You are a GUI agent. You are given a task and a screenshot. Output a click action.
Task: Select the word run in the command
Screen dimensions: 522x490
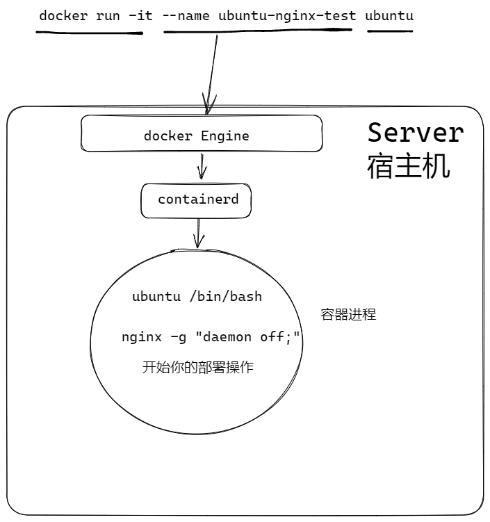(108, 15)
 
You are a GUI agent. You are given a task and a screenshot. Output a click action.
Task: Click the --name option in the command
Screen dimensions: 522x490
(186, 15)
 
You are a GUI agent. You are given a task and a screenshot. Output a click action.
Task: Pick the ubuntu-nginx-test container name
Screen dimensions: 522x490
(285, 15)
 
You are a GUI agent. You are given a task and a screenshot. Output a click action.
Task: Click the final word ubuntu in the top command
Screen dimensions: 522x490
(390, 15)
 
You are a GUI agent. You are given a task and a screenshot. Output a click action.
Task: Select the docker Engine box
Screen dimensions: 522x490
(202, 134)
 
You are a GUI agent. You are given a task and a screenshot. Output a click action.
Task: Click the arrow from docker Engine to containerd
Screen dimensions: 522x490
(202, 167)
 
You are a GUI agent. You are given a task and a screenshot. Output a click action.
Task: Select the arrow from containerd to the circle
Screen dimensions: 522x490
(199, 233)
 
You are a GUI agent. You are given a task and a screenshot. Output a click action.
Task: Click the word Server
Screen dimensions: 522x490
(415, 132)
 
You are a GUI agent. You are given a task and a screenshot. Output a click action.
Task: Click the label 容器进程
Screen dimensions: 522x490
(348, 315)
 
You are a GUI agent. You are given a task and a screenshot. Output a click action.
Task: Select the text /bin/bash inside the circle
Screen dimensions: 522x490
(225, 297)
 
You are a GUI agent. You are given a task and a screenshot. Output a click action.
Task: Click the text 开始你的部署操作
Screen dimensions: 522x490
(197, 368)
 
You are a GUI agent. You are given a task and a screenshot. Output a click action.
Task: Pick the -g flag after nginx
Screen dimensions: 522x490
(177, 337)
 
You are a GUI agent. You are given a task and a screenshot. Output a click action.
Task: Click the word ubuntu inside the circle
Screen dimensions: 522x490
(156, 297)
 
